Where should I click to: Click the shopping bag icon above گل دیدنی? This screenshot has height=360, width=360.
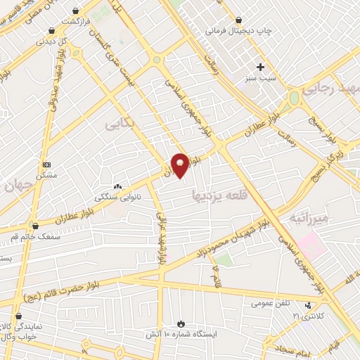[52, 31]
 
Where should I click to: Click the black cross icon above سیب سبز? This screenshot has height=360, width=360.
[260, 67]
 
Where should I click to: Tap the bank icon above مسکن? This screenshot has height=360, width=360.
[46, 164]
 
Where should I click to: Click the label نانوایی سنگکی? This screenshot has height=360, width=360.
[117, 198]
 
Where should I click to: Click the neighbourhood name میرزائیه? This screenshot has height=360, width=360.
[309, 218]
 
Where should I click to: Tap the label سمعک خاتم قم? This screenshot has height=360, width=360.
[34, 236]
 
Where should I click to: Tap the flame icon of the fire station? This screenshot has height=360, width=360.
[181, 323]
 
